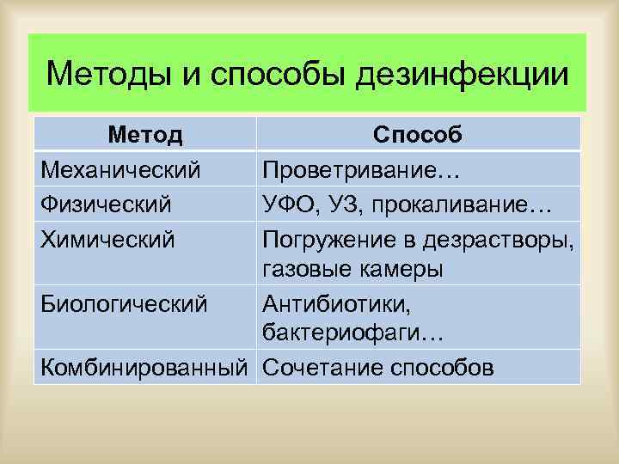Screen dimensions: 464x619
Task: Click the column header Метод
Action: point(145,135)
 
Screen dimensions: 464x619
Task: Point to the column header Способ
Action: point(418,135)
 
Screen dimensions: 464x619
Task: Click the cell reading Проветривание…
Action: point(362,170)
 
